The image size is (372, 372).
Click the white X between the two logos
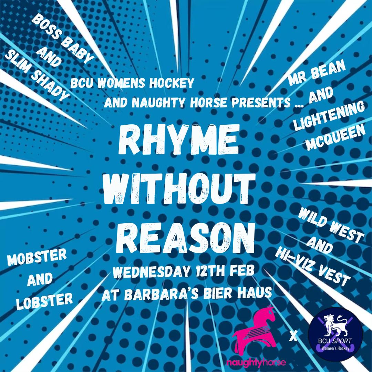coord(293,337)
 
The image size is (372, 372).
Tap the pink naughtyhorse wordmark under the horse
coord(256,363)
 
